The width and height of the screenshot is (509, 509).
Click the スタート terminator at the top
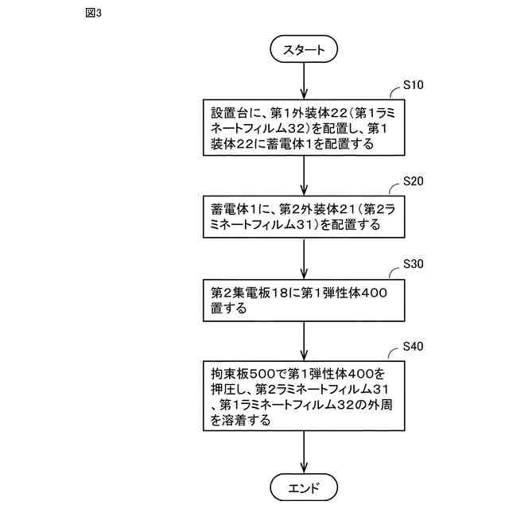pyautogui.click(x=305, y=49)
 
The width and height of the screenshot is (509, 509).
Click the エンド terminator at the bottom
pyautogui.click(x=305, y=486)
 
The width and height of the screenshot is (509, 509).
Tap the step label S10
pyautogui.click(x=414, y=84)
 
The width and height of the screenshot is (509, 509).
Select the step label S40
pyautogui.click(x=414, y=347)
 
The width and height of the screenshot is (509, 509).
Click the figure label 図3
pyautogui.click(x=93, y=14)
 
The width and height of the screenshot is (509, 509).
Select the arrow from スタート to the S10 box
pyautogui.click(x=305, y=80)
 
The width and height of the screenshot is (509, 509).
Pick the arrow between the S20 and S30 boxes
pyautogui.click(x=305, y=258)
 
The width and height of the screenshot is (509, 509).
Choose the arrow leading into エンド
pyautogui.click(x=305, y=454)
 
